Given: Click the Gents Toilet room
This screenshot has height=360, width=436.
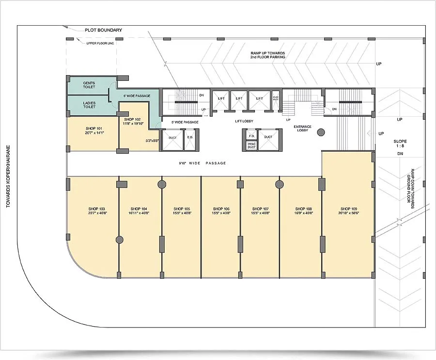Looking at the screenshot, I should pos(89,85).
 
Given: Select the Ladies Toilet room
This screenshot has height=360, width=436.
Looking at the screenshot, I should pos(89,105).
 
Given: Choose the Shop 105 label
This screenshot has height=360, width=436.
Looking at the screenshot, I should pos(181,209).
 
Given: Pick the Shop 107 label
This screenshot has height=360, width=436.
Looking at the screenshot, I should pos(260,209).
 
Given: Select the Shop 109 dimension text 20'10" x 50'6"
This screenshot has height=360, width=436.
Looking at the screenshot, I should pos(348,213).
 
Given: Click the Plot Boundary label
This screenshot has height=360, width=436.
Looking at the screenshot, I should pos(103,30).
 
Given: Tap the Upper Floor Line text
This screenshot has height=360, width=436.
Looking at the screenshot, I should pos(100,43).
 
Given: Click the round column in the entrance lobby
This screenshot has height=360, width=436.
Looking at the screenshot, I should pos(320,131).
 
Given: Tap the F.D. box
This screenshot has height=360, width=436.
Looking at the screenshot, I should pos(250,137).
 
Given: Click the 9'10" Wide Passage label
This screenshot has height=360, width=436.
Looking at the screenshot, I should pos(202,163).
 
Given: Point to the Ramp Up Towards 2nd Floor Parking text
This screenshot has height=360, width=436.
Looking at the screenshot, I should pos(267,55).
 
